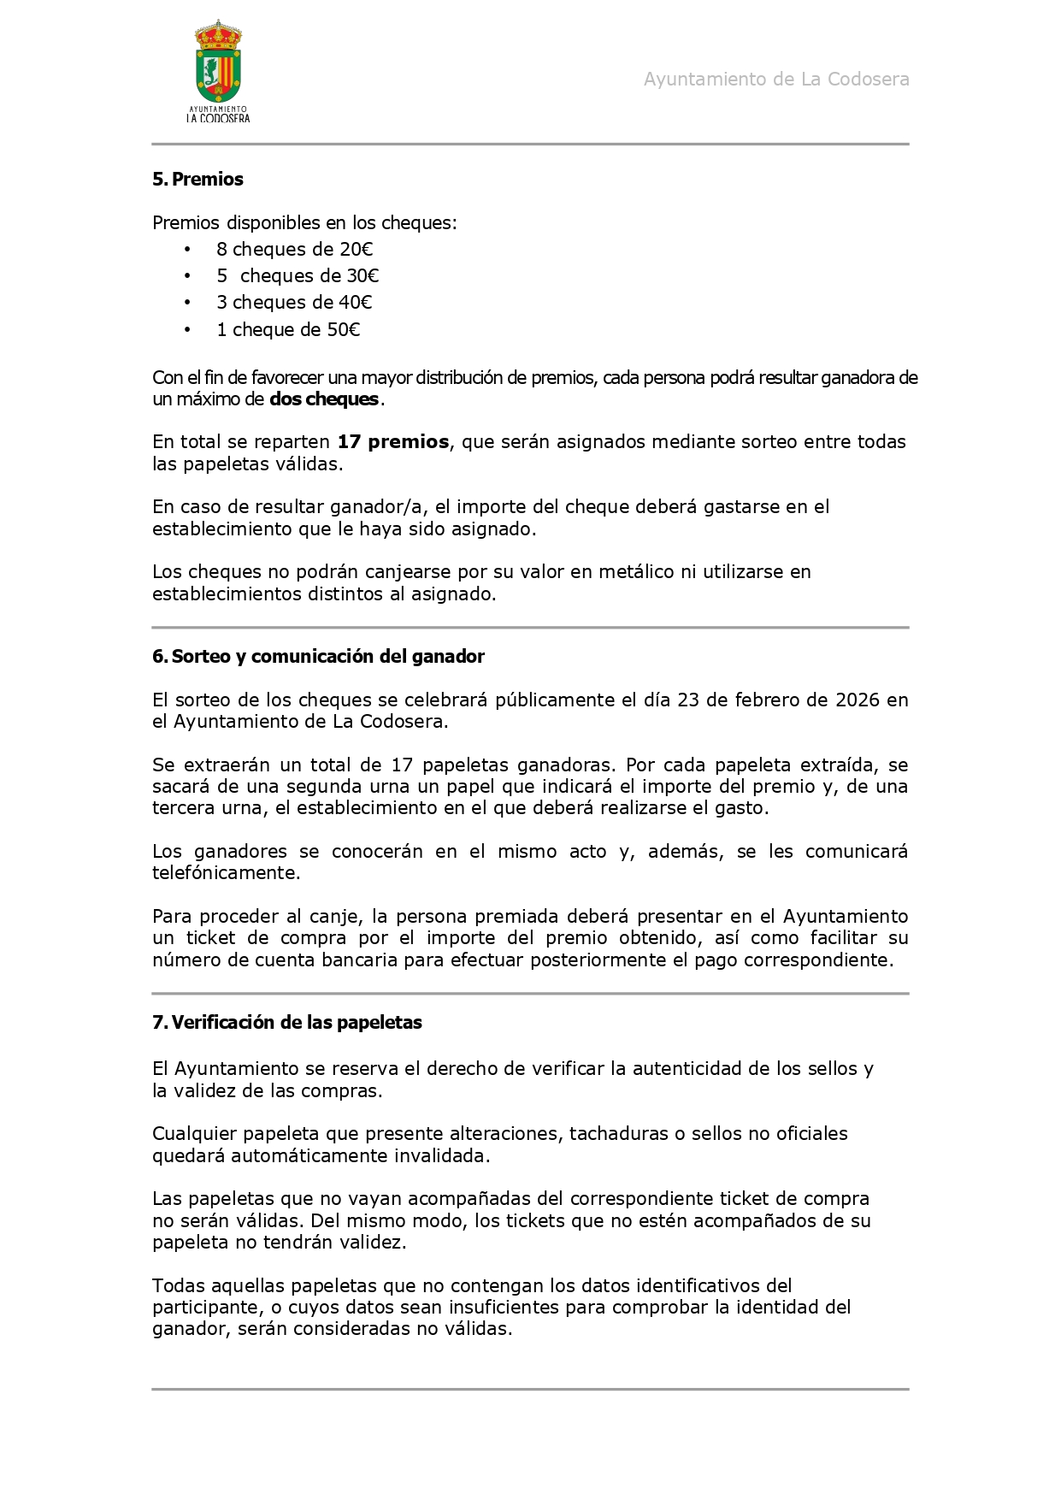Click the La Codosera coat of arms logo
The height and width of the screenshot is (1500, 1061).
[x=218, y=72]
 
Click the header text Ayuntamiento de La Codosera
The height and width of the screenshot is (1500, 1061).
[x=775, y=80]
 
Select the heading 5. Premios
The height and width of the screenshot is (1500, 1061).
[x=197, y=180]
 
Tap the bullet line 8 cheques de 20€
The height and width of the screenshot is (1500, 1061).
[x=294, y=250]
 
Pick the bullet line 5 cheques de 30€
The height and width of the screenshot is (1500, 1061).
[x=298, y=276]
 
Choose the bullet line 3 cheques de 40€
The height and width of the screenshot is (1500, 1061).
[x=294, y=303]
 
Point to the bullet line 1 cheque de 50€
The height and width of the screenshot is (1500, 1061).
[x=288, y=330]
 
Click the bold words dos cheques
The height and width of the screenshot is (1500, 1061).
[x=324, y=399]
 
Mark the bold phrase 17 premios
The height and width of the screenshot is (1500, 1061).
[x=392, y=442]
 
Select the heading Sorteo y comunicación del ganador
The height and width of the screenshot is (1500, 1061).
[x=327, y=657]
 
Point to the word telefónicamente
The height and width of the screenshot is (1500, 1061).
[x=226, y=873]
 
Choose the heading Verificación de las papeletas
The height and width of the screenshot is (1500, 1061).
[x=297, y=1023]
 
